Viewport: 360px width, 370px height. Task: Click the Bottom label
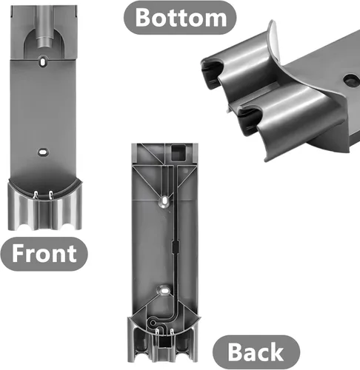point(180,18)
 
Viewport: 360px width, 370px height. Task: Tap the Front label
point(44,254)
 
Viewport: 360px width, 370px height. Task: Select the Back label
point(256,352)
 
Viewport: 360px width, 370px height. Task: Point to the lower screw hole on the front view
point(43,152)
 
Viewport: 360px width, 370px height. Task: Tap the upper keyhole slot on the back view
point(164,201)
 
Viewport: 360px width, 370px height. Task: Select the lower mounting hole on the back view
point(164,290)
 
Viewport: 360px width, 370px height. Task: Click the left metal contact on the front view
point(36,195)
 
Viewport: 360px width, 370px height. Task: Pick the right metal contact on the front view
point(50,195)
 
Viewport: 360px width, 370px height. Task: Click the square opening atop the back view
point(179,152)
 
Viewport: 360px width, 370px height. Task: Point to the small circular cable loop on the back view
point(153,323)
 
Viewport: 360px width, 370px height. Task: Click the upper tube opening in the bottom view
point(213,70)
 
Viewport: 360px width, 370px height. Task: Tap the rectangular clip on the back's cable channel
point(175,246)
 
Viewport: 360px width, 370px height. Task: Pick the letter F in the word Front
point(19,253)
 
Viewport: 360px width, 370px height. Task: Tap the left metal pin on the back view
point(157,332)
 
